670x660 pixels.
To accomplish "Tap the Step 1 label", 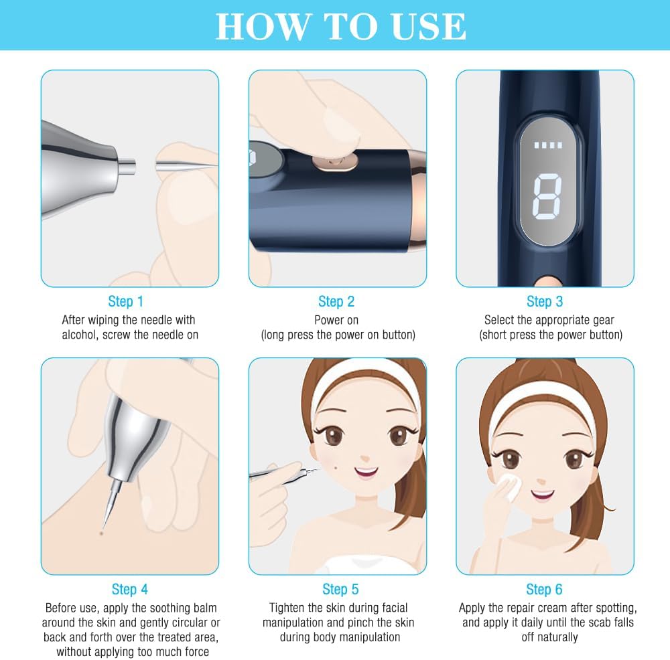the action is coord(125,301).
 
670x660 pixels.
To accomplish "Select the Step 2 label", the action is coord(336,301).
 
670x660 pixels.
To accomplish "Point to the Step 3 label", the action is coord(544,301).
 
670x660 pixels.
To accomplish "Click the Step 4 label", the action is coord(129,589).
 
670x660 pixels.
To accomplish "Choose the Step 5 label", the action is coord(340,589).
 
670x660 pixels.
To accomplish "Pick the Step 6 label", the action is coord(544,589).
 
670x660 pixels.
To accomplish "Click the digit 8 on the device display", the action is coord(547,196).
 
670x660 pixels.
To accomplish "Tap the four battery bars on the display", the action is coord(548,145).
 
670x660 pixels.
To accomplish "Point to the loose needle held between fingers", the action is coord(186,165).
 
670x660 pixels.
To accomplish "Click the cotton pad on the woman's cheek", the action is coord(510,487).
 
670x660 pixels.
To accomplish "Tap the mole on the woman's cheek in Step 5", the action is coord(336,467).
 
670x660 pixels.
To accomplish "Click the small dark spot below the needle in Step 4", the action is coord(101,533).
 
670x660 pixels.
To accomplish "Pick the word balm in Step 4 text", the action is coord(205,608).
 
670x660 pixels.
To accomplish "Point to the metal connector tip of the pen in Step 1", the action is coord(127,165).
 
